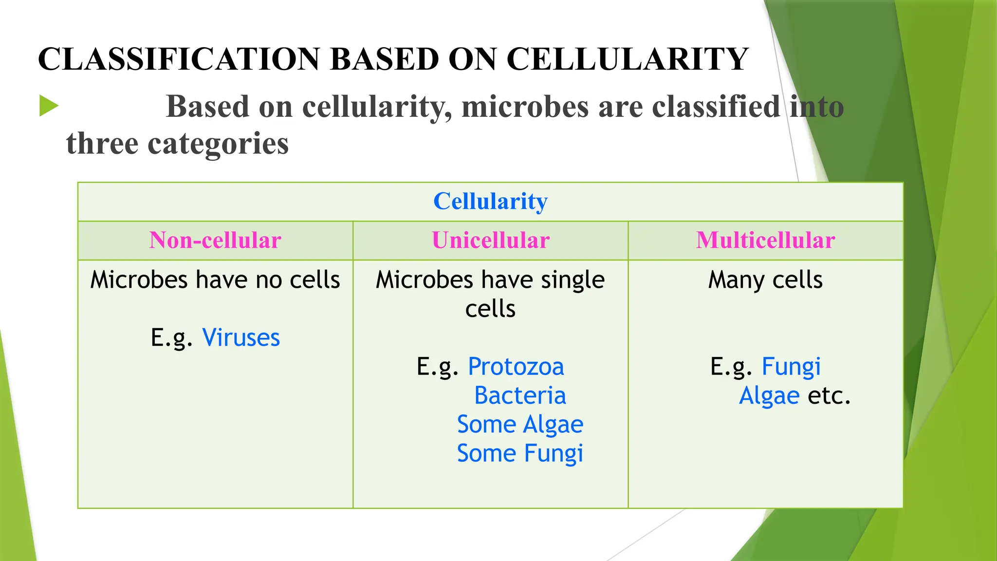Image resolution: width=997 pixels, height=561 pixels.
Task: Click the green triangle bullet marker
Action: pos(48,106)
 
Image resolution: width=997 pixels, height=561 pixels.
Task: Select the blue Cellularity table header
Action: pos(490,201)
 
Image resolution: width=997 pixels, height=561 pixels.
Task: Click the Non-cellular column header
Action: pos(215,240)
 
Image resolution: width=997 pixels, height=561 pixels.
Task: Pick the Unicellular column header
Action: pos(490,240)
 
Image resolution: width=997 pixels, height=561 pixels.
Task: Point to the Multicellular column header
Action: pos(765,240)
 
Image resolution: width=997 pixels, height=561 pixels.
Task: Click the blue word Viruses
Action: pos(241,337)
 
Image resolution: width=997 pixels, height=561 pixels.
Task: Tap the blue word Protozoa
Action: pos(516,367)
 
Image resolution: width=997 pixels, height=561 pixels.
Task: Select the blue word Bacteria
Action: pos(520,395)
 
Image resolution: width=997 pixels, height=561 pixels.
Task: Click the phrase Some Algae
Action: pos(520,424)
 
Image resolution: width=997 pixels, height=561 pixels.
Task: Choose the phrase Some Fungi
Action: pos(520,453)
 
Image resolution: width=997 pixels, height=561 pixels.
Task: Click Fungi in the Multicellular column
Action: pos(791,367)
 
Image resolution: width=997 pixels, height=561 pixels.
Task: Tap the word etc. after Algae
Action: pos(829,395)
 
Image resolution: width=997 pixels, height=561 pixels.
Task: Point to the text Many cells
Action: pos(765,280)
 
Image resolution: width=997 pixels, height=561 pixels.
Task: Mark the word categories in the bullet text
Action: pos(218,145)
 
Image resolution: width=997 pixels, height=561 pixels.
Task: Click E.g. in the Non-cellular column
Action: pos(171,337)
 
